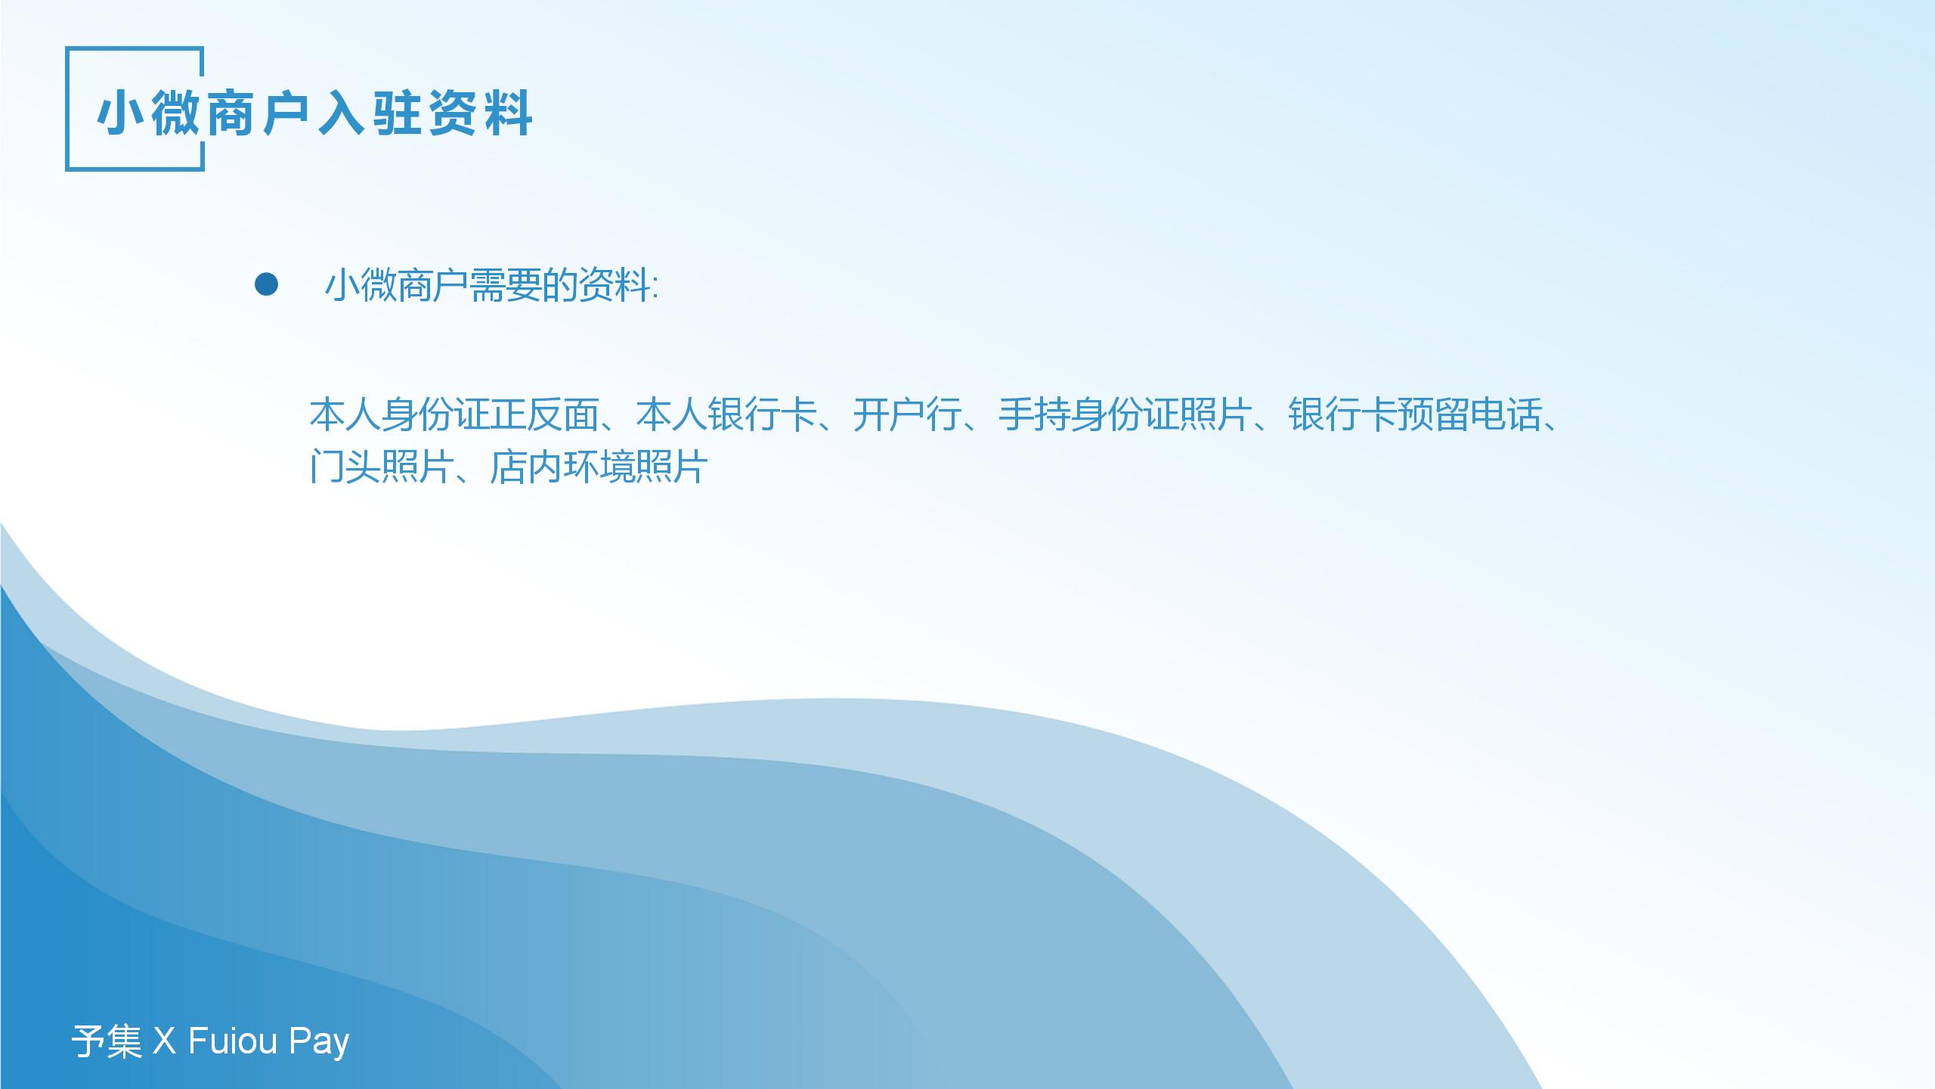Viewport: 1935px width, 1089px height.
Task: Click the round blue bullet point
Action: point(266,285)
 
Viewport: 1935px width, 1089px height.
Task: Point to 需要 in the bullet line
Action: point(506,286)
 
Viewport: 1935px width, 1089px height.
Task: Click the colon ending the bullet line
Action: point(655,288)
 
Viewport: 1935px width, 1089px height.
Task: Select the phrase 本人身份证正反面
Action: point(454,415)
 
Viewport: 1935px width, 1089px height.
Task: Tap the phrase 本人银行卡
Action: point(726,415)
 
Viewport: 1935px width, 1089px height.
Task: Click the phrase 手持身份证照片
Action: point(1125,415)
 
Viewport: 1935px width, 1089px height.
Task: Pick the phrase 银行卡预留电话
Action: point(1416,415)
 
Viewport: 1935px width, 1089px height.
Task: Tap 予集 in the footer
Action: point(107,1041)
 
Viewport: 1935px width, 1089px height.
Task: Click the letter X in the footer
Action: point(164,1041)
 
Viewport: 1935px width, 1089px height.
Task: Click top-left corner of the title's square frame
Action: point(67,48)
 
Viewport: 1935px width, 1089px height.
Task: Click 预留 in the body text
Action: point(1434,415)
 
